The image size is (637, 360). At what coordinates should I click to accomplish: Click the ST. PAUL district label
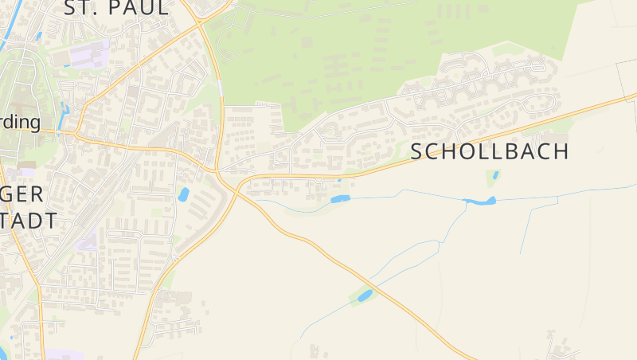click(116, 9)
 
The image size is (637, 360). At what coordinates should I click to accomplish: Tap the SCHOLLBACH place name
click(490, 152)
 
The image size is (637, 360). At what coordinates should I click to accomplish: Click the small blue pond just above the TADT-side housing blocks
click(183, 194)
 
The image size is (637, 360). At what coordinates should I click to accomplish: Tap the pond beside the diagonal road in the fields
click(365, 296)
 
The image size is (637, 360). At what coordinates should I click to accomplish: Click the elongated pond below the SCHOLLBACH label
click(480, 201)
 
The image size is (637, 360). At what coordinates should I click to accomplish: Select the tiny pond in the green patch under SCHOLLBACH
click(495, 175)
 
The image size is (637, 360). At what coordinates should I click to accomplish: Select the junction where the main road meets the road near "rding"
click(76, 135)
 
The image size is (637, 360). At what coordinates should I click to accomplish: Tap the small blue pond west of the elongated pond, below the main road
click(340, 198)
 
